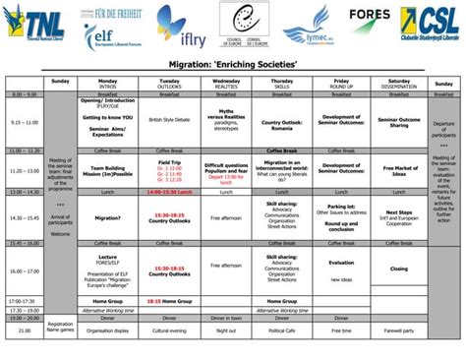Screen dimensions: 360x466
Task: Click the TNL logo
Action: click(34, 20)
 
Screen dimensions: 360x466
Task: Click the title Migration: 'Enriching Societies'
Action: click(232, 64)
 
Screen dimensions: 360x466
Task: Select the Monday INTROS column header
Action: click(108, 84)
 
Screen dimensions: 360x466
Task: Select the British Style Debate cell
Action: click(168, 121)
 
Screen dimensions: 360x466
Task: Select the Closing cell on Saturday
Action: click(398, 268)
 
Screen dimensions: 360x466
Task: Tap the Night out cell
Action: click(226, 331)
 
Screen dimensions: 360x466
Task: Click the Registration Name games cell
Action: click(60, 327)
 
